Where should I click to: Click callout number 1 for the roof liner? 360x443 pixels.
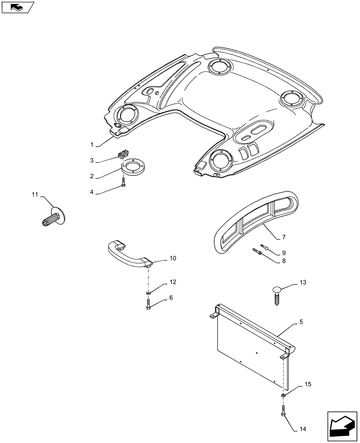pos(92,145)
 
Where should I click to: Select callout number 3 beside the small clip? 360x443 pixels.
pos(92,160)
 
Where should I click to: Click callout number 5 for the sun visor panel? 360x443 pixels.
pos(301,323)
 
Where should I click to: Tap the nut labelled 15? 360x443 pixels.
pos(283,394)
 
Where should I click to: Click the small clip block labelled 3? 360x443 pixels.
pos(122,154)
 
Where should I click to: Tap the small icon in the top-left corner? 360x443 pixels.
pos(18,7)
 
